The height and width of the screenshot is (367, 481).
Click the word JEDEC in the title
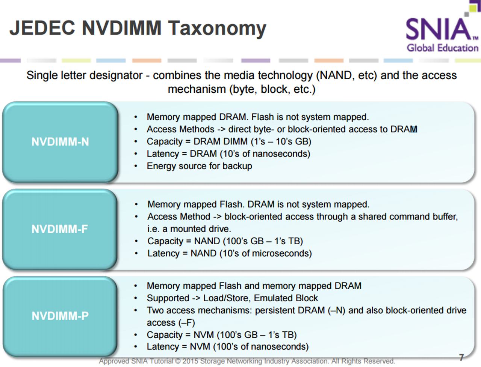pos(42,28)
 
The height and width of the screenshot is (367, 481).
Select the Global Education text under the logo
pos(442,48)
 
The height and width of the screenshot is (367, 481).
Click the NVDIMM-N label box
pos(60,142)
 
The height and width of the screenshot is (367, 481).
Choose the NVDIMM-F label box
pos(60,229)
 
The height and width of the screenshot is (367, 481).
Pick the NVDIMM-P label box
pos(60,316)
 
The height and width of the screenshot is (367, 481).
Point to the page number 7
pos(461,357)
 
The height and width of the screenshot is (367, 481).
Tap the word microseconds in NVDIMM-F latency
pos(280,253)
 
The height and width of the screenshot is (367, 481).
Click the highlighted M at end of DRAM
pos(414,129)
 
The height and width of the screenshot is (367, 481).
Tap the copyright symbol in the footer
pos(178,361)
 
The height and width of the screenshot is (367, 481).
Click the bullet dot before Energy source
pos(136,166)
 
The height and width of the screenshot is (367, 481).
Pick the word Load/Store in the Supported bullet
pos(227,298)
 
